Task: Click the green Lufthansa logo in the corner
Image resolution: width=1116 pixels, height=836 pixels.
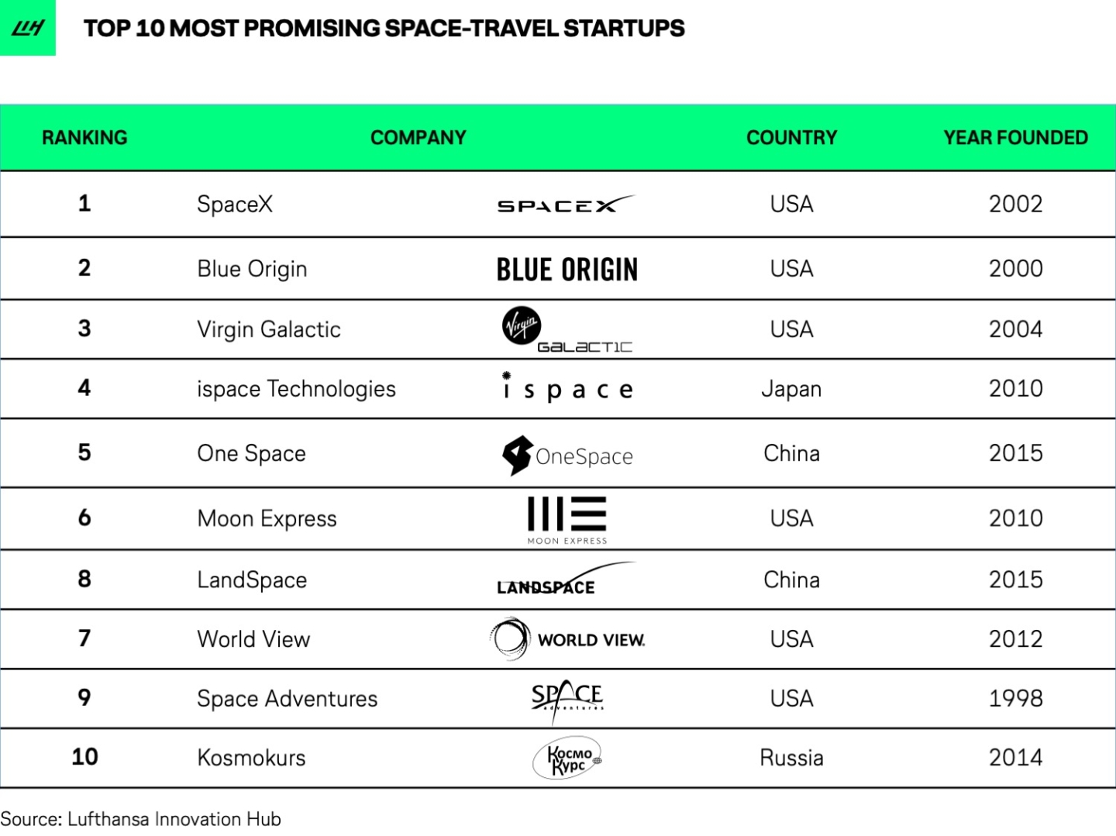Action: (x=28, y=28)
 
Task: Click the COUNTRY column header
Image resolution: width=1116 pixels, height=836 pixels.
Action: (x=791, y=138)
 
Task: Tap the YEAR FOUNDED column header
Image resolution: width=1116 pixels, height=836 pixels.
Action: (x=1015, y=138)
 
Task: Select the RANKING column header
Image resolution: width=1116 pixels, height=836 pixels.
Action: (x=84, y=138)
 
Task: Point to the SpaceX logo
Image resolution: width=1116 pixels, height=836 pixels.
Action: (x=565, y=205)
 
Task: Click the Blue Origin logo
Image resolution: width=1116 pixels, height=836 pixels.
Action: (x=567, y=270)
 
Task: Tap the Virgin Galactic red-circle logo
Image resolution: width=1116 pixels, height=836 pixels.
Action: (x=522, y=325)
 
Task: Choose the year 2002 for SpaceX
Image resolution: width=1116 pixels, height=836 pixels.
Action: (x=1015, y=204)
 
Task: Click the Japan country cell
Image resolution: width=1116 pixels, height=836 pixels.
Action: (x=791, y=389)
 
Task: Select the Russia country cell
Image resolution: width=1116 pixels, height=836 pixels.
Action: (x=791, y=758)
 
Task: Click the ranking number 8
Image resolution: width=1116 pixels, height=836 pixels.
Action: (x=84, y=579)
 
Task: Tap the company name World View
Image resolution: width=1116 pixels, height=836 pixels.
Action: (x=253, y=639)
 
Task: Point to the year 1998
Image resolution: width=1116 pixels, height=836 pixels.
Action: (x=1015, y=699)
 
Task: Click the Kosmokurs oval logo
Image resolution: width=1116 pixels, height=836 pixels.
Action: (x=567, y=758)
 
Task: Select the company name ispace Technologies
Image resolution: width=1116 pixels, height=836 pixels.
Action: (x=296, y=389)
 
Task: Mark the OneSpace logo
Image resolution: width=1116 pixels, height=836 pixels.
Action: (x=567, y=455)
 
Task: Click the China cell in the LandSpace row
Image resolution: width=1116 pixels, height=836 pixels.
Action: (x=791, y=580)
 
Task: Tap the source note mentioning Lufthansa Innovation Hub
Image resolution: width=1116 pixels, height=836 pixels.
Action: (x=140, y=819)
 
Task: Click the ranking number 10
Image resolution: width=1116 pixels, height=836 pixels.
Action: (x=84, y=757)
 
